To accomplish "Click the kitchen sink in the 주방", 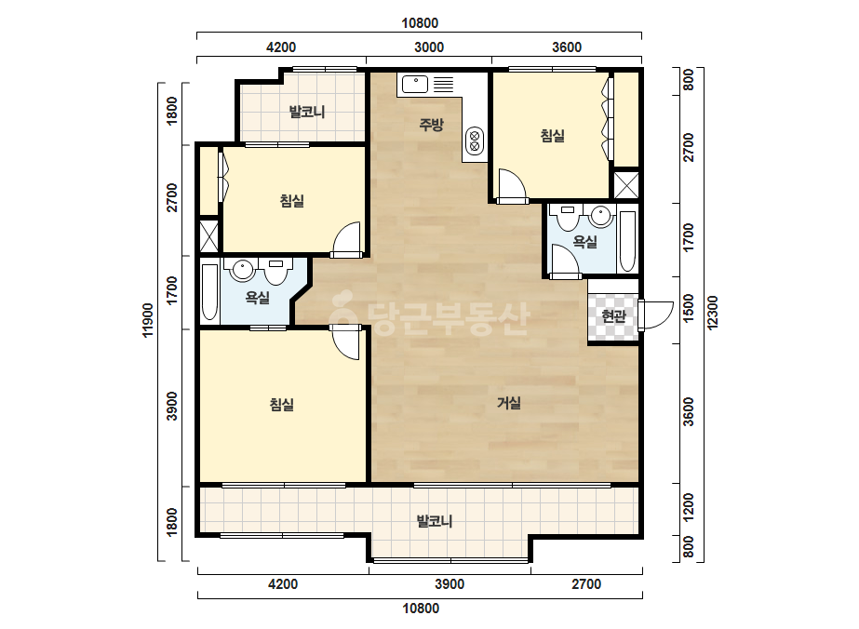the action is point(415,85).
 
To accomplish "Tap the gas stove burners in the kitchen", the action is point(475,141).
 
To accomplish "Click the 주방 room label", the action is point(431,125).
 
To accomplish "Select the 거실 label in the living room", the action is point(509,403).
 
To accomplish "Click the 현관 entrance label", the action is point(613,315).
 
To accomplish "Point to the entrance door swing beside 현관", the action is point(656,315).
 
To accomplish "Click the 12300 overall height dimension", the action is point(712,313).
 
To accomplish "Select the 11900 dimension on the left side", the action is point(148,320).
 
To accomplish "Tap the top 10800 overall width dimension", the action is point(420,23).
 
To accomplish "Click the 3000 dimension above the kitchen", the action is point(429,47).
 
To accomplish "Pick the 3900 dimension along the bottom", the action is point(450,584).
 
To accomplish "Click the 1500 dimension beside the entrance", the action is point(689,309).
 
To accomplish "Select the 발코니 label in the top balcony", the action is point(307,112).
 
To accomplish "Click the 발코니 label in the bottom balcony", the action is point(435,520).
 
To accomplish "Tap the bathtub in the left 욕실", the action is point(209,292).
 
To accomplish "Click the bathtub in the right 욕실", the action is point(627,241).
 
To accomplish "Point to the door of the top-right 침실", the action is point(512,186).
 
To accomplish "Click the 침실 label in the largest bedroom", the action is point(282,405).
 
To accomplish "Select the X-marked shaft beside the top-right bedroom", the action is point(626,185).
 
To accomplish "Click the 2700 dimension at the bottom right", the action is point(586,584).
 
